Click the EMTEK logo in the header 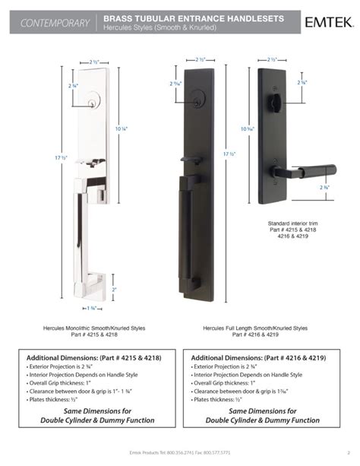[327, 22]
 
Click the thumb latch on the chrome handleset [97, 162]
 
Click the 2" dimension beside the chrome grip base [114, 290]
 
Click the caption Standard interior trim [289, 224]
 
